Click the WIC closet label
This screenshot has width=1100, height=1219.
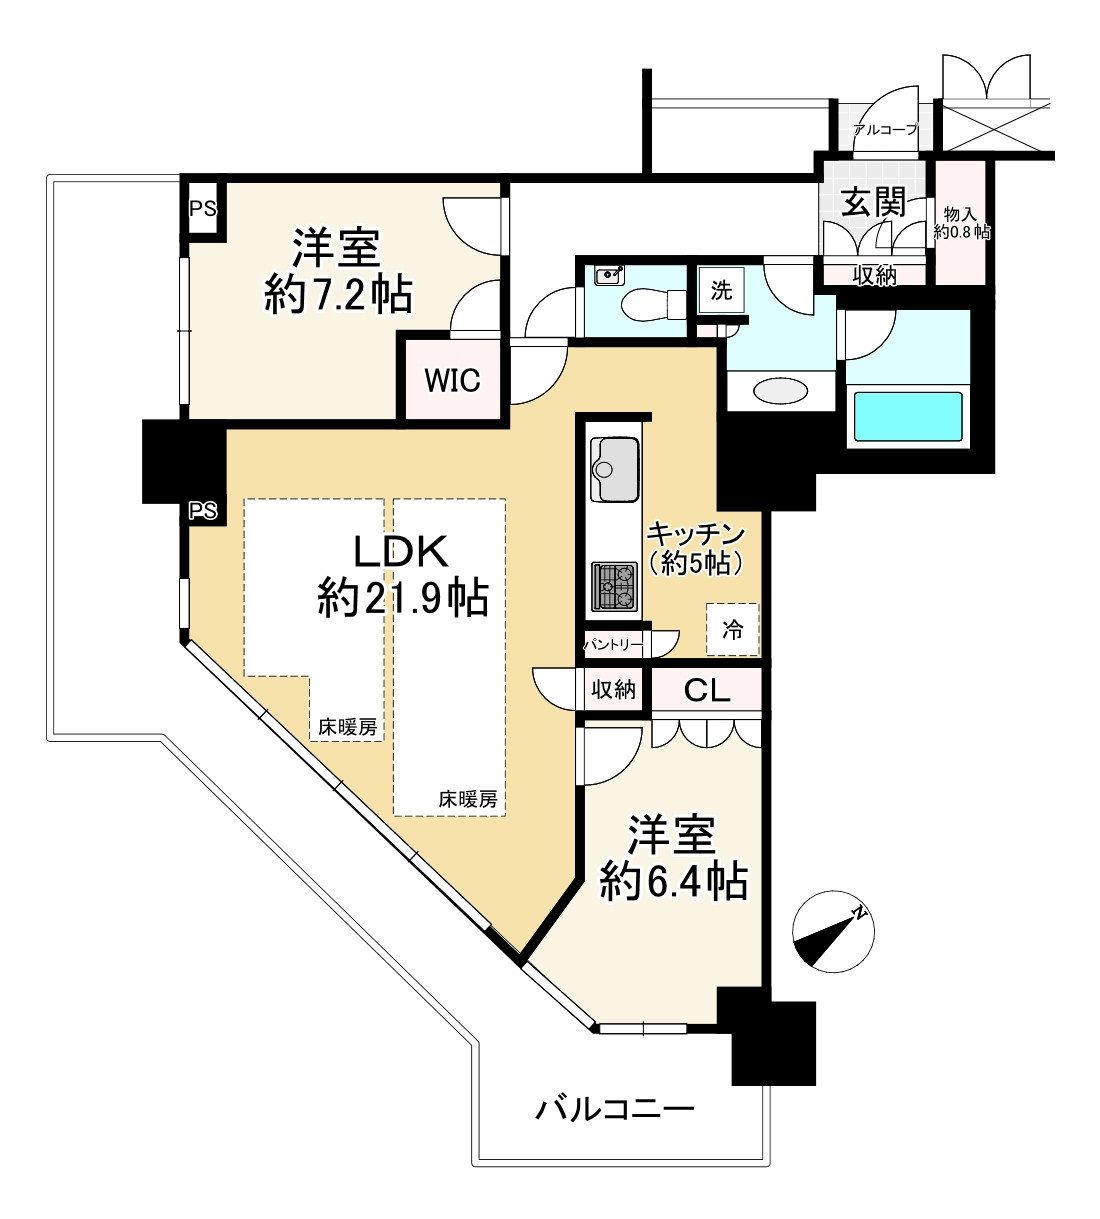(452, 380)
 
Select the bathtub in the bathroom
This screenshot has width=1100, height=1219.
(908, 416)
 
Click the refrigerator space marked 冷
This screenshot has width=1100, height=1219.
(732, 630)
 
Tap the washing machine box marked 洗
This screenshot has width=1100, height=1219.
(721, 290)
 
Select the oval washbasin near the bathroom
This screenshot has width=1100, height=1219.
(780, 391)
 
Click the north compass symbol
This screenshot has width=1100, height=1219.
(833, 932)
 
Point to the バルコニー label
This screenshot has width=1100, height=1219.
(614, 1110)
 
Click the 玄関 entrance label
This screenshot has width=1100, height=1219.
(874, 202)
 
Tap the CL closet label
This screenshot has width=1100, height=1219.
(706, 690)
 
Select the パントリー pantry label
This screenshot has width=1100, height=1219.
(613, 645)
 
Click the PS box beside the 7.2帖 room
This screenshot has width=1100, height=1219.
(203, 208)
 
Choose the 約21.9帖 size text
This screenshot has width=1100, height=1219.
(403, 599)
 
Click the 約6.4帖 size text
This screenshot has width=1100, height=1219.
(673, 881)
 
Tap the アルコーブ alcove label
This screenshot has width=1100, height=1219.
(885, 129)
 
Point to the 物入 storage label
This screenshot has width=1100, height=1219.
(960, 214)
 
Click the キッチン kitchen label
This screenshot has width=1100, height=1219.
(696, 535)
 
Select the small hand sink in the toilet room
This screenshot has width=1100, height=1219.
(608, 276)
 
